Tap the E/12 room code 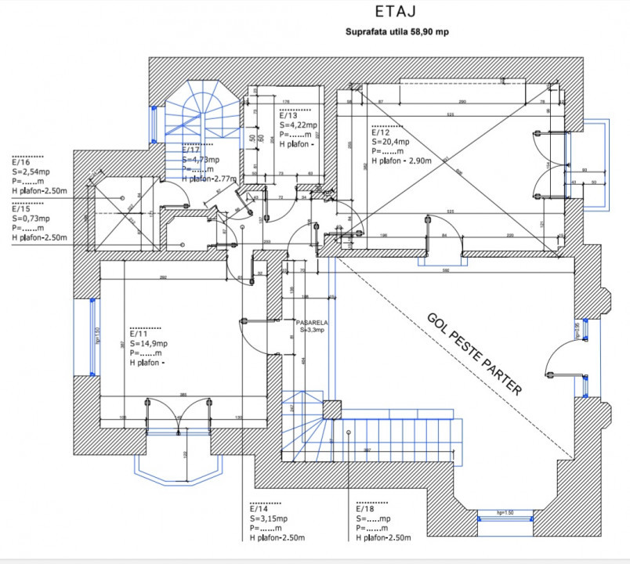[x=380, y=133]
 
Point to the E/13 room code [x=288, y=115]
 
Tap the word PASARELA [x=311, y=323]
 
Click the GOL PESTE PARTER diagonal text [x=474, y=353]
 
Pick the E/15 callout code [x=20, y=209]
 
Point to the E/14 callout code [x=258, y=509]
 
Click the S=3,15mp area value [x=268, y=519]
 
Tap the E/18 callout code [x=364, y=509]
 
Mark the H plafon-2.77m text [x=209, y=179]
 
